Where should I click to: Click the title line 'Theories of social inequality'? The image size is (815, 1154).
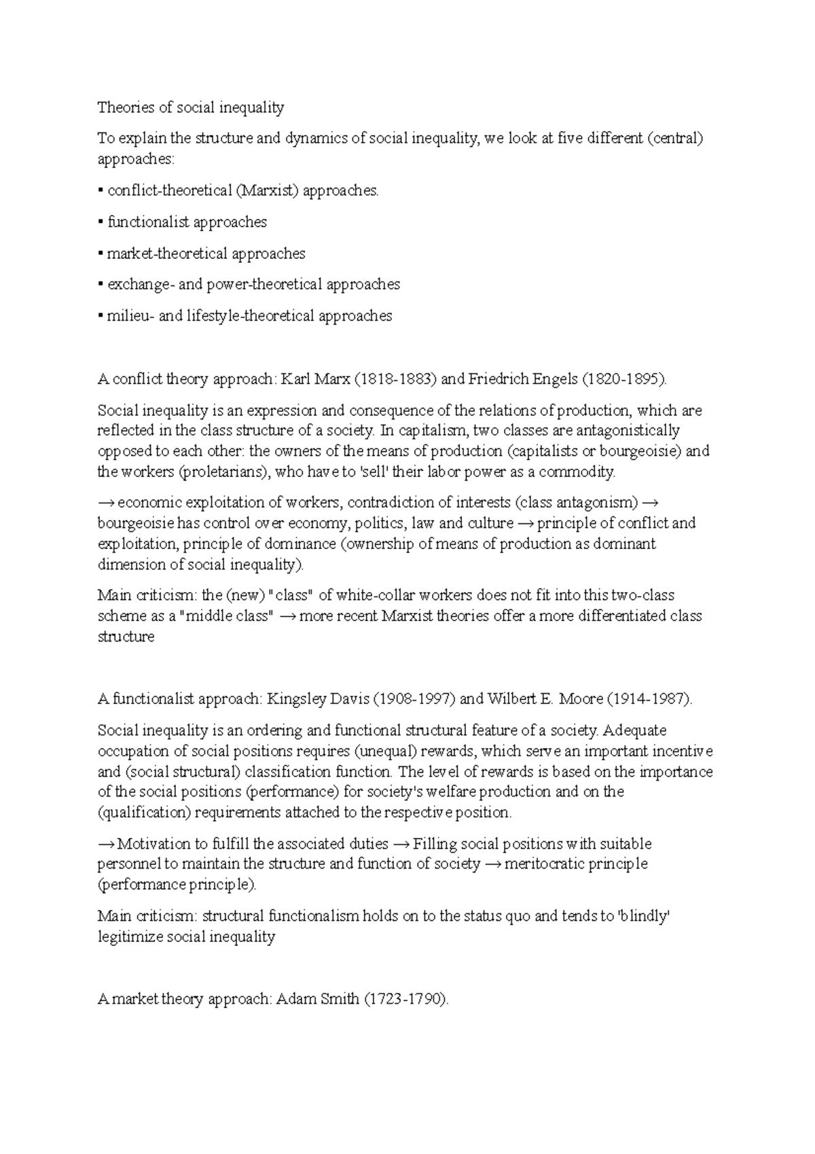191,107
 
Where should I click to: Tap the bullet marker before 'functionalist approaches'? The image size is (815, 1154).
100,222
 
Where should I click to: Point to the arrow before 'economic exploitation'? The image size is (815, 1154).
106,503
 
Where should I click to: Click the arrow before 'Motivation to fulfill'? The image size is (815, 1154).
106,844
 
